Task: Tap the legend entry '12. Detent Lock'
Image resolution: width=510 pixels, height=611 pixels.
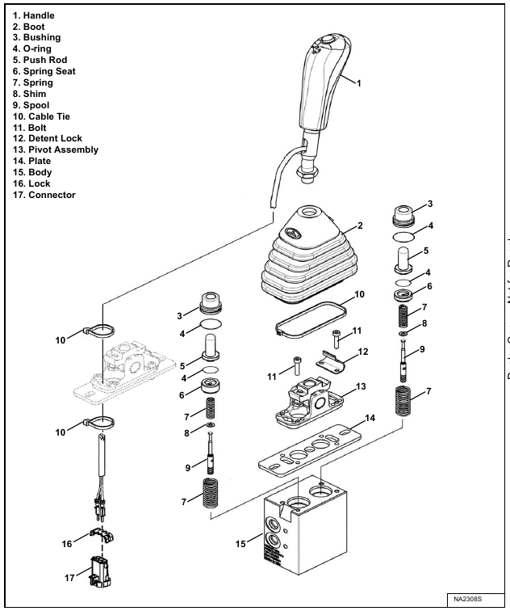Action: tap(49, 138)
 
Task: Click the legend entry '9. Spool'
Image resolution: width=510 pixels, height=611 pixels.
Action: tap(31, 105)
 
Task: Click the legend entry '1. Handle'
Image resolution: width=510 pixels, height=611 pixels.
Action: tap(36, 15)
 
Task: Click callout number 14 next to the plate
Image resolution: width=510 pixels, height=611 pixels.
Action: tap(370, 421)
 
